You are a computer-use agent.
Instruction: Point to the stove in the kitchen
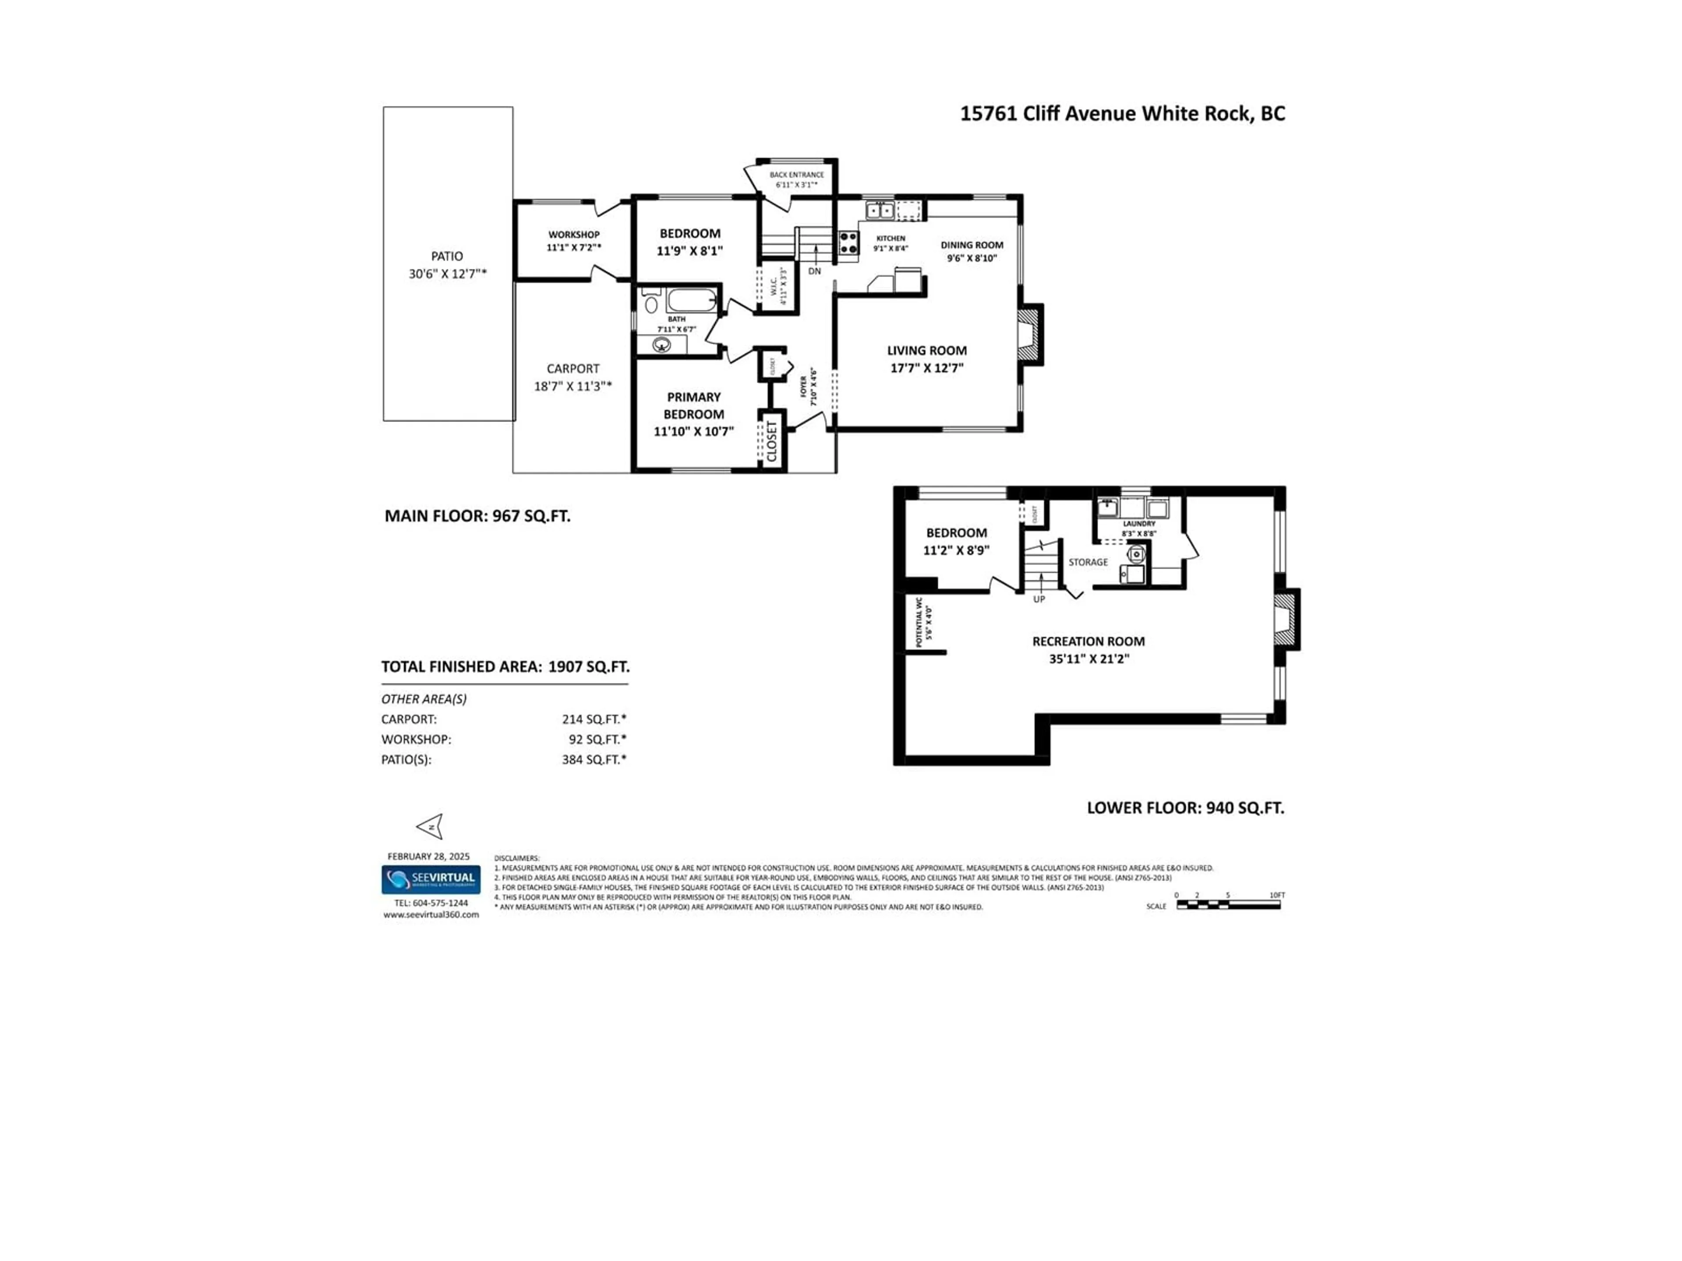point(848,243)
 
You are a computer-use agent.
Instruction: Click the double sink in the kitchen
point(880,211)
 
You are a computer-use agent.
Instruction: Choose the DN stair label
point(814,271)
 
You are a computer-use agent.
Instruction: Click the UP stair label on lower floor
point(1039,599)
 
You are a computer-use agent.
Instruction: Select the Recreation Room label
point(1088,641)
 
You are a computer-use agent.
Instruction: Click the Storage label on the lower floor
point(1088,563)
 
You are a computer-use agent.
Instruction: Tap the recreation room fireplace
point(1286,620)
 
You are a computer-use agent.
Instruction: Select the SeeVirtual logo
point(431,880)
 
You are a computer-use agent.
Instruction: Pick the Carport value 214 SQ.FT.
point(594,719)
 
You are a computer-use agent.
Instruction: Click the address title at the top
point(1122,114)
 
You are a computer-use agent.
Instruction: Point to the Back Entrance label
point(796,175)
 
